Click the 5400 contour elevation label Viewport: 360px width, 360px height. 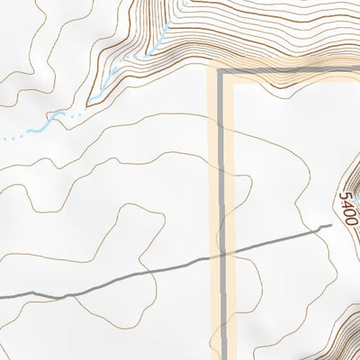pos(348,208)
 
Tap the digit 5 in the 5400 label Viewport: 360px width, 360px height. pos(345,195)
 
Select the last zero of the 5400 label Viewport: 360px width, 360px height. pos(352,220)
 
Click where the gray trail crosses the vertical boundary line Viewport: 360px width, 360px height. pos(221,256)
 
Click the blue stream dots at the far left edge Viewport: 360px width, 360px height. pos(9,138)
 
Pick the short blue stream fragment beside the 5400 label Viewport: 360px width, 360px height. pos(356,197)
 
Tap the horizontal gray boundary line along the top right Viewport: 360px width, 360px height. pos(288,70)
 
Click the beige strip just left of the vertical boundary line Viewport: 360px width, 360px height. pos(213,180)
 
